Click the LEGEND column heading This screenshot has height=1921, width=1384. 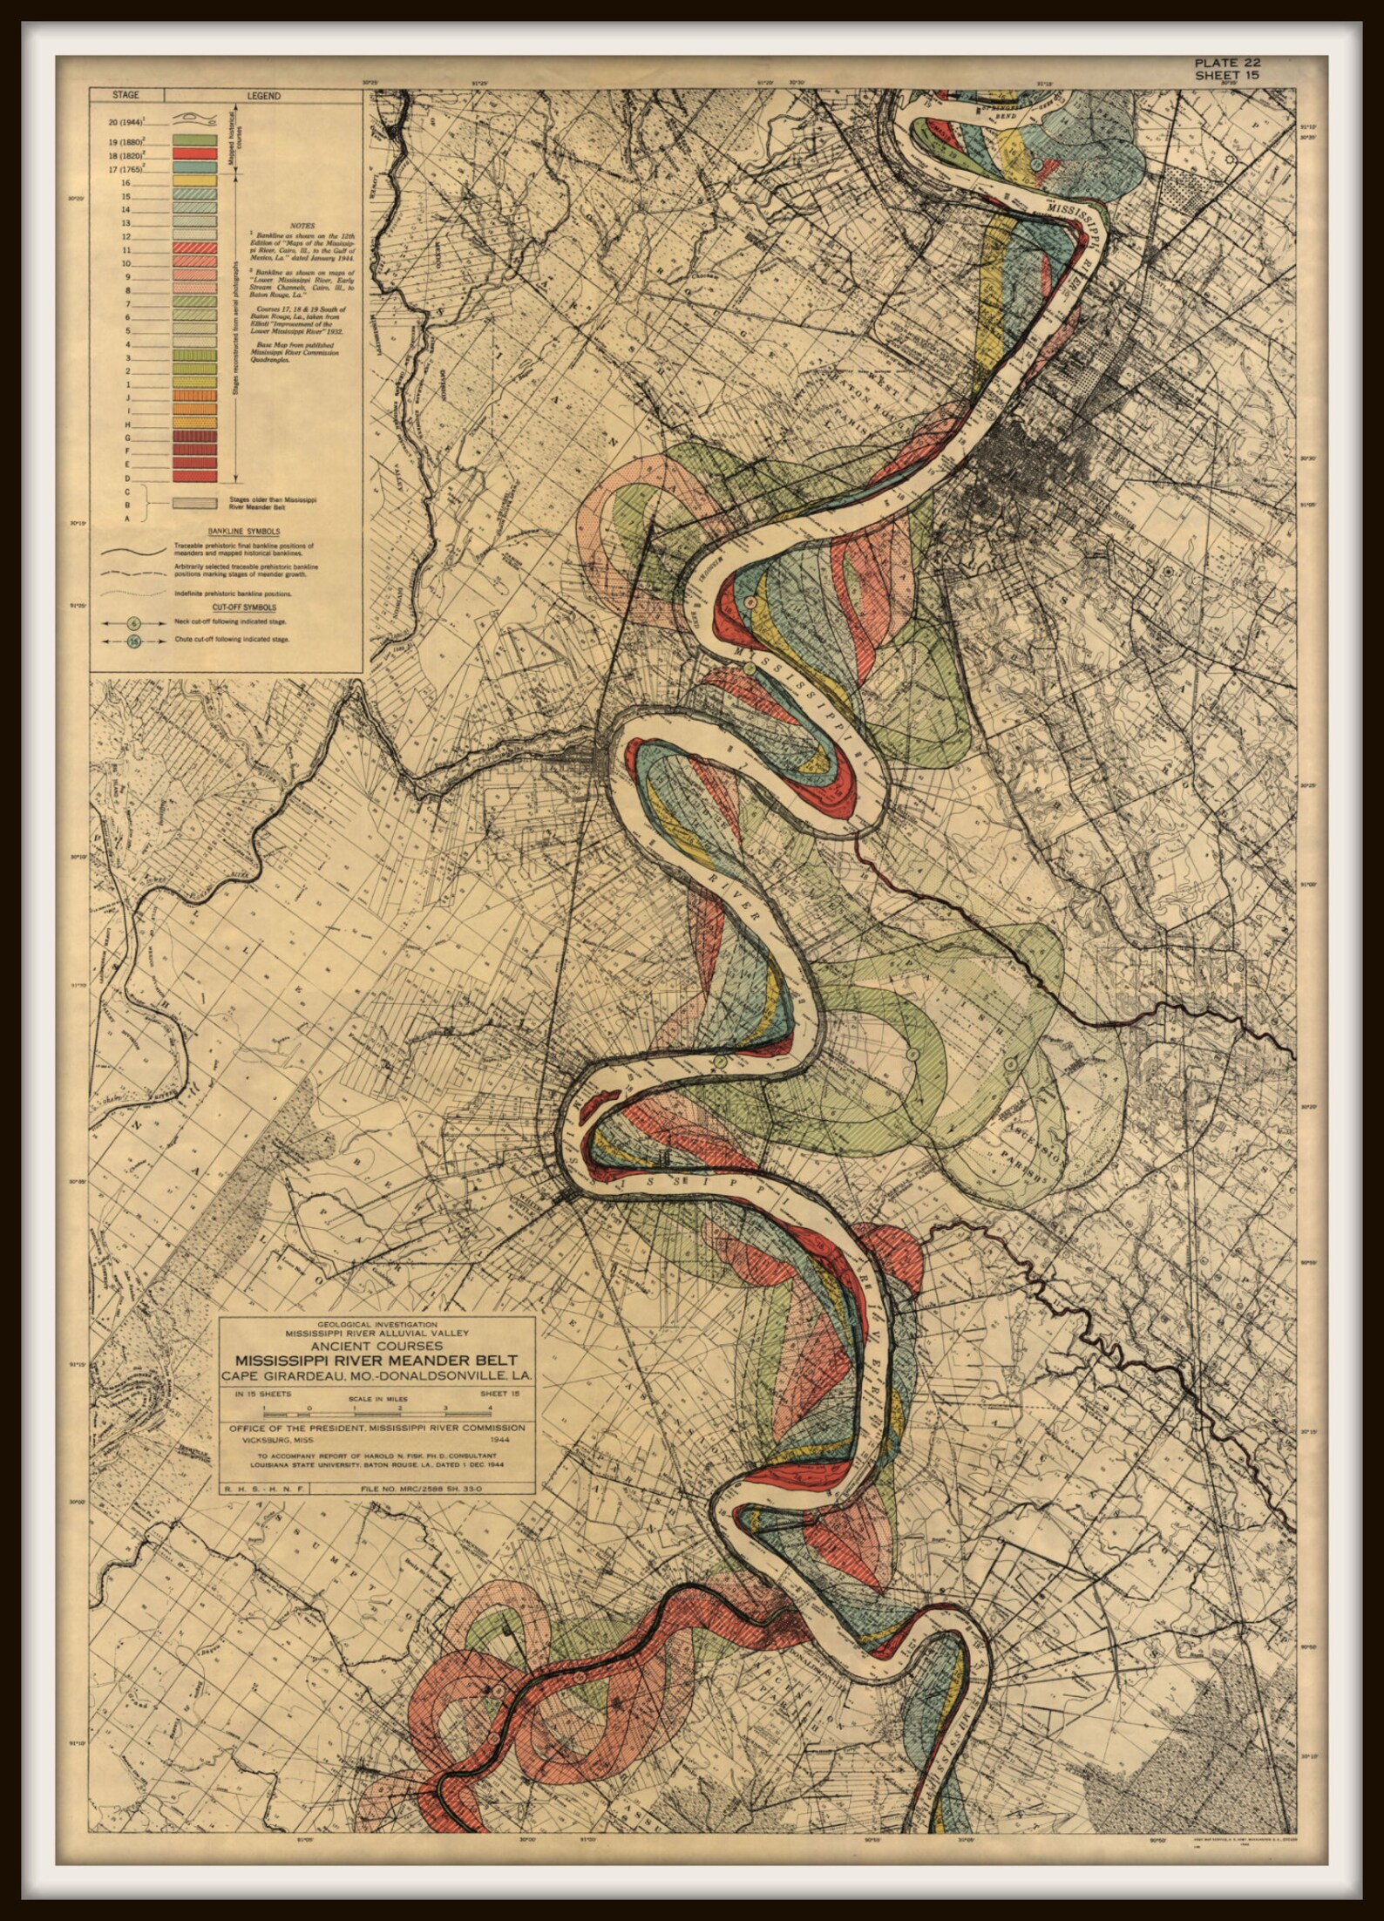point(263,96)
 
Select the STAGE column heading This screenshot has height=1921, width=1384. point(127,96)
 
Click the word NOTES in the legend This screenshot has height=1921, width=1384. point(289,225)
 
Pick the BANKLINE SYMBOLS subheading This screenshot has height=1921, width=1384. point(231,531)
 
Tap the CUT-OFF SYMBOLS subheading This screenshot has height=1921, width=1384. point(231,607)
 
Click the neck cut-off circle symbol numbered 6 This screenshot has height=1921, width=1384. point(133,623)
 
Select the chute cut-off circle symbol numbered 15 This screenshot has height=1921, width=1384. point(133,642)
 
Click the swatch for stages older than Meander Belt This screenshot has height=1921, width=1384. point(194,503)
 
